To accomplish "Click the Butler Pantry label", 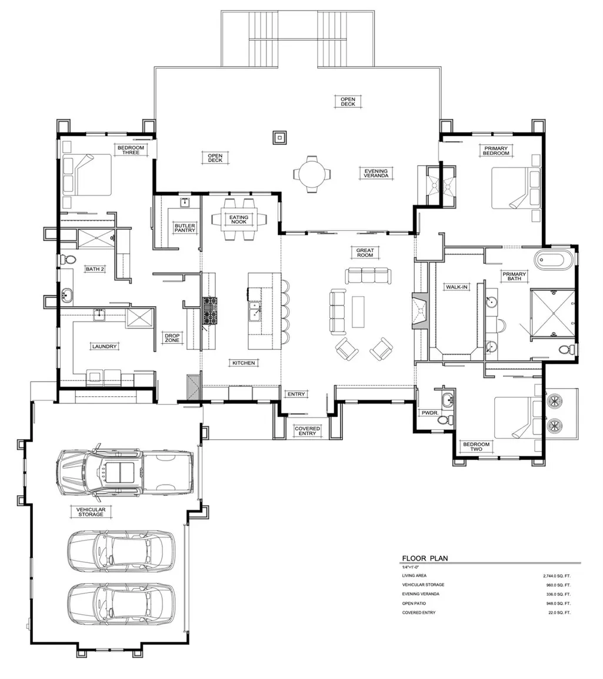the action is pyautogui.click(x=185, y=228).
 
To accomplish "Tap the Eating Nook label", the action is pyautogui.click(x=239, y=220).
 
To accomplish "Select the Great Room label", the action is pyautogui.click(x=365, y=253).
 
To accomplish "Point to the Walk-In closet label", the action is pyautogui.click(x=457, y=287).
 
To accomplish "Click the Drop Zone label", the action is pyautogui.click(x=172, y=338).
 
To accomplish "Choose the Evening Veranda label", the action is pyautogui.click(x=376, y=173).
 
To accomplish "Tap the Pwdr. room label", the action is pyautogui.click(x=430, y=413).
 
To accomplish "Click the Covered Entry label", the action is pyautogui.click(x=308, y=431).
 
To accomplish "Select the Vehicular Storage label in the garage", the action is pyautogui.click(x=91, y=512).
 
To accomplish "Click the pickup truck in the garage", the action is pyautogui.click(x=125, y=472).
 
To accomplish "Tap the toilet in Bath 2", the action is pyautogui.click(x=68, y=260).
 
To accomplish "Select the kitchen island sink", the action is pyautogui.click(x=255, y=312).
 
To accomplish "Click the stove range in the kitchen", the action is pyautogui.click(x=210, y=310).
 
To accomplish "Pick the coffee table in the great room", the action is pyautogui.click(x=358, y=312).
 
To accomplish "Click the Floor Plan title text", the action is pyautogui.click(x=425, y=558).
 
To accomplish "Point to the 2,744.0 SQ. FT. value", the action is pyautogui.click(x=557, y=576).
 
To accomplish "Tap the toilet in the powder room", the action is pyautogui.click(x=450, y=420).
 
